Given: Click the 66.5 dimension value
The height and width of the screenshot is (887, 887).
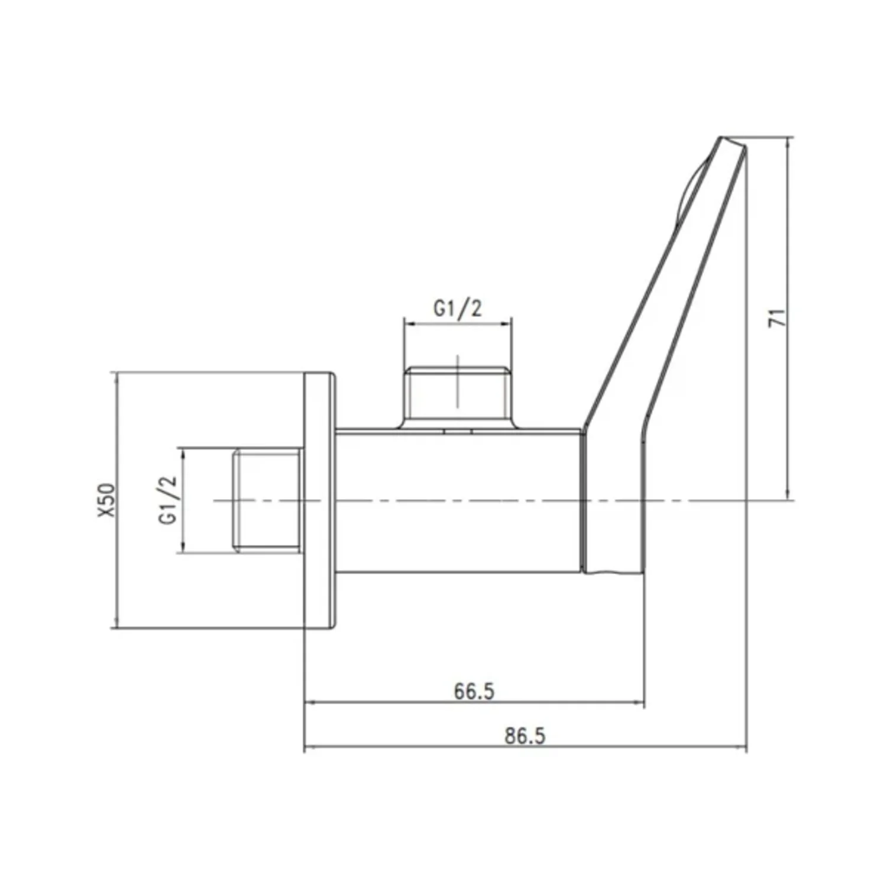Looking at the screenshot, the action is pyautogui.click(x=474, y=691).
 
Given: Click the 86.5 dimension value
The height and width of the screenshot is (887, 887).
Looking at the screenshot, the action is pyautogui.click(x=525, y=736).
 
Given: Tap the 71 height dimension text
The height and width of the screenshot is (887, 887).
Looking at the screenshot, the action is pyautogui.click(x=778, y=318).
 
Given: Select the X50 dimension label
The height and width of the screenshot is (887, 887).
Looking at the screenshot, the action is pyautogui.click(x=106, y=500).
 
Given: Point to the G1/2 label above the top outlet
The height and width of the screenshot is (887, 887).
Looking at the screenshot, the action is pyautogui.click(x=458, y=308).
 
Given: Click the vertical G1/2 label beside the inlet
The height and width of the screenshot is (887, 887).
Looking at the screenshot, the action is pyautogui.click(x=168, y=500).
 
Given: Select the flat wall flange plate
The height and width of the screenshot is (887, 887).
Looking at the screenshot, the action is pyautogui.click(x=319, y=500).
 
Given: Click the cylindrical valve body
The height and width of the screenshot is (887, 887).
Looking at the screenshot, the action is pyautogui.click(x=459, y=500).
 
